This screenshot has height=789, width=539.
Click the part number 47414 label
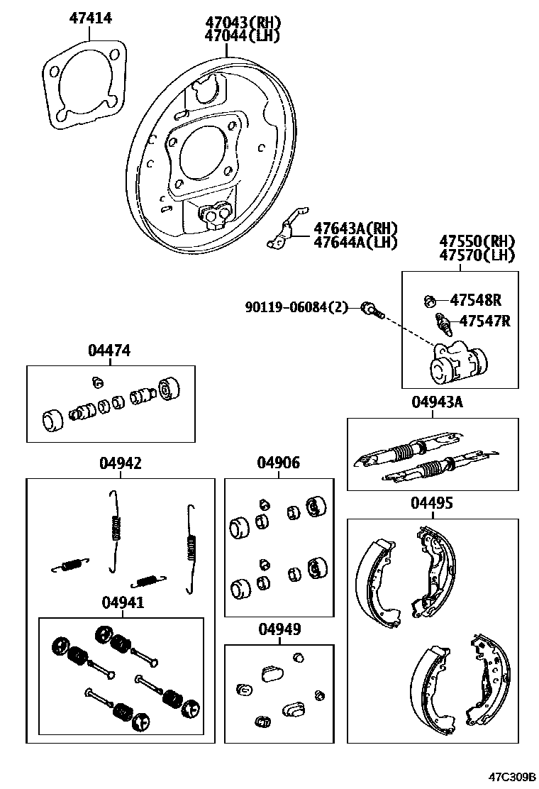pyautogui.click(x=90, y=18)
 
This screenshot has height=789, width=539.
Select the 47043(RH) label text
pyautogui.click(x=241, y=23)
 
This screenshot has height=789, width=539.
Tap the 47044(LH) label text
pyautogui.click(x=241, y=35)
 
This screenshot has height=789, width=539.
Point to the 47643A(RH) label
pyautogui.click(x=355, y=228)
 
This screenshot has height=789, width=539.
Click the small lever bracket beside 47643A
pyautogui.click(x=287, y=231)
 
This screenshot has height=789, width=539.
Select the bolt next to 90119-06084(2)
pyautogui.click(x=372, y=309)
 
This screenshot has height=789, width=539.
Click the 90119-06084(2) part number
pyautogui.click(x=297, y=307)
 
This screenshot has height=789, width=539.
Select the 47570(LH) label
pyautogui.click(x=477, y=255)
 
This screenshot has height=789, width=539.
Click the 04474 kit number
pyautogui.click(x=109, y=351)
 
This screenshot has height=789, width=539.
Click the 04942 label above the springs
pyautogui.click(x=120, y=463)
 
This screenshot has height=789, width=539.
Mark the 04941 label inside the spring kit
pyautogui.click(x=122, y=602)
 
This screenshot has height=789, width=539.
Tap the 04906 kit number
pyautogui.click(x=278, y=463)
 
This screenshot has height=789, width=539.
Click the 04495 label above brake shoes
pyautogui.click(x=431, y=503)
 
